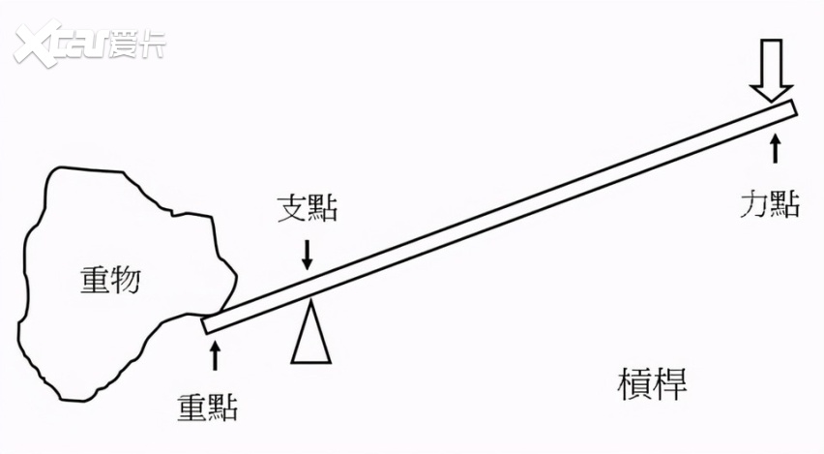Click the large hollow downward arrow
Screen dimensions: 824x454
(772, 70)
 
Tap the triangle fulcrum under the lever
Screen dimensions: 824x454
(311, 331)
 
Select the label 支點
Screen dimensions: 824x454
(308, 208)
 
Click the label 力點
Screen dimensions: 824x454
(771, 203)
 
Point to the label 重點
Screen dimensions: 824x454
(207, 407)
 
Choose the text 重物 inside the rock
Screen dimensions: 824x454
(110, 279)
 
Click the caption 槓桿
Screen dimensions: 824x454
(652, 383)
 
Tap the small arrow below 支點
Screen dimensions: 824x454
(308, 256)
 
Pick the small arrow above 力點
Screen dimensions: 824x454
(775, 148)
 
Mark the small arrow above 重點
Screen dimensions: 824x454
(215, 355)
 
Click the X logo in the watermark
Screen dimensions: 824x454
(37, 44)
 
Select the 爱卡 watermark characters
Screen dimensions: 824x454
(137, 45)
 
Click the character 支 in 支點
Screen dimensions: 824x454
(292, 208)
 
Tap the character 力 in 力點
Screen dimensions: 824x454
(754, 203)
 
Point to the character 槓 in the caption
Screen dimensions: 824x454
(634, 383)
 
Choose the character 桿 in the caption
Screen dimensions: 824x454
(670, 383)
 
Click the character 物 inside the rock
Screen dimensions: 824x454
(126, 279)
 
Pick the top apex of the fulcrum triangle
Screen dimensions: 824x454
(312, 299)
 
